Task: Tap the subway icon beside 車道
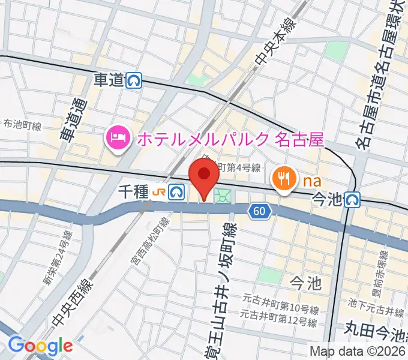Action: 134,80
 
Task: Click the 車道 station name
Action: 109,80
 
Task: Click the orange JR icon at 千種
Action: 159,192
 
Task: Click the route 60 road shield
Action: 259,210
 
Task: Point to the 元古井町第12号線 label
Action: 279,322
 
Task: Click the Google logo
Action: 40,346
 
